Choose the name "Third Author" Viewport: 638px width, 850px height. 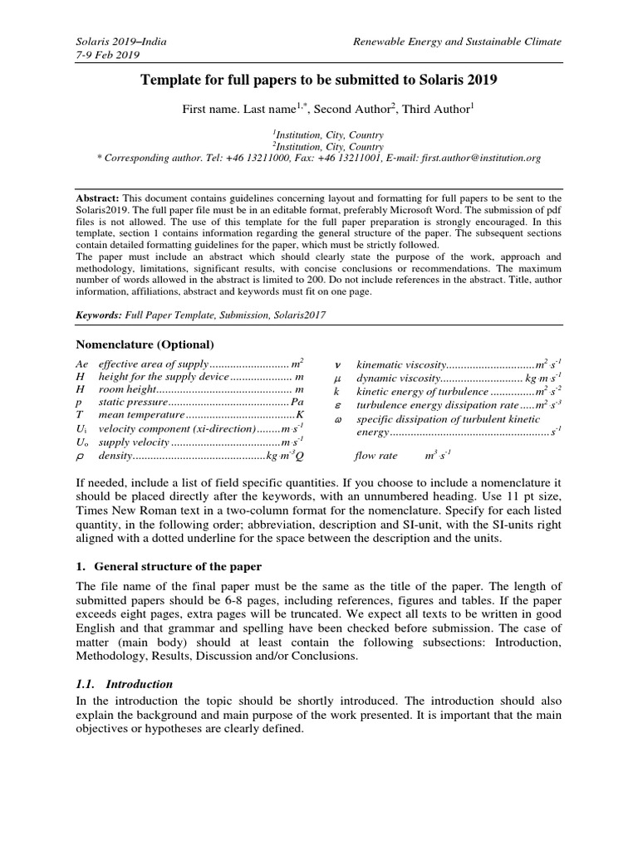coord(435,110)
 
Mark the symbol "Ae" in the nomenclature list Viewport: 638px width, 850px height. coord(81,364)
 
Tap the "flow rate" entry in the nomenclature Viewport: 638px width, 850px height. coord(376,456)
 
